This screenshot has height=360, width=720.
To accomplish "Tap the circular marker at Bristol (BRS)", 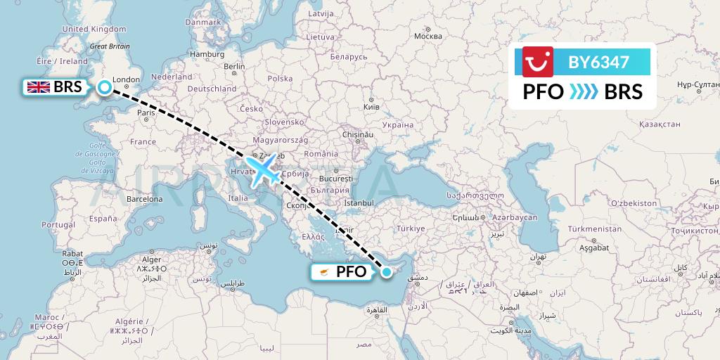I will tap(105, 87).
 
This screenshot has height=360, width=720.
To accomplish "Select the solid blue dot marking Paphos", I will tap(386, 271).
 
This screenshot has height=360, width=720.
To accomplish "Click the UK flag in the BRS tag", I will tap(37, 87).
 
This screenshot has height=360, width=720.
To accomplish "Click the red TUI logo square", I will tap(538, 62).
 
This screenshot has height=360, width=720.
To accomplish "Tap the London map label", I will tap(127, 79).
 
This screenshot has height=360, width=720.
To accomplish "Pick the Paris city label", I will tap(146, 112).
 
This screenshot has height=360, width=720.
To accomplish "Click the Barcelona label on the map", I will tap(144, 199).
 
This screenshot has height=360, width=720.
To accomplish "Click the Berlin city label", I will tap(234, 67).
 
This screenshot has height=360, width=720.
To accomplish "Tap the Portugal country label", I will tap(58, 224).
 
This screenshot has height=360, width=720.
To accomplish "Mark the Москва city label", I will tap(428, 36).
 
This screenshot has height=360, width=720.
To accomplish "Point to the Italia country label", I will tap(238, 198).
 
